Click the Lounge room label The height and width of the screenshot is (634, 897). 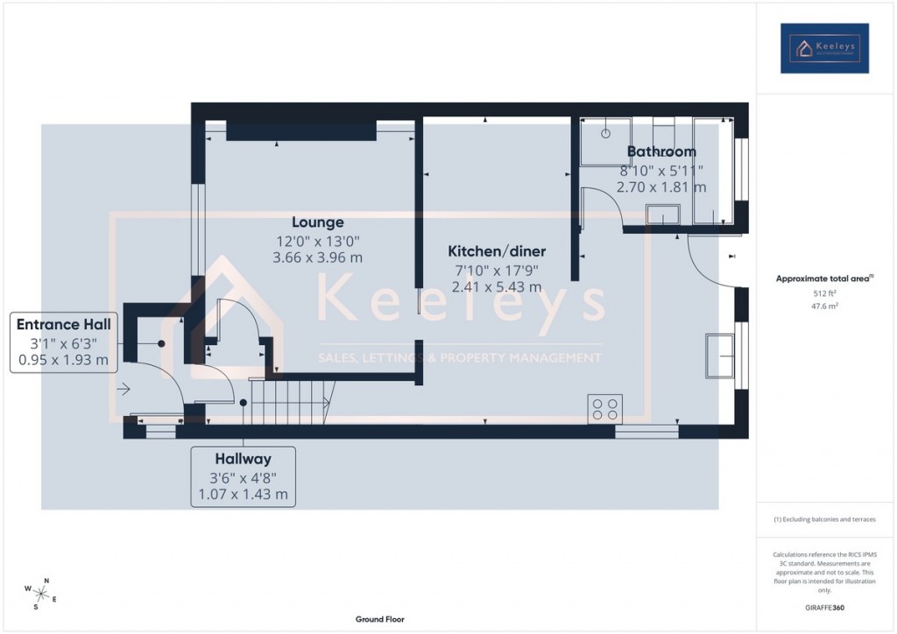[318, 222]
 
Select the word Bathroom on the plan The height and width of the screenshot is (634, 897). [661, 151]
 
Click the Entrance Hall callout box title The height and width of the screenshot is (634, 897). [63, 325]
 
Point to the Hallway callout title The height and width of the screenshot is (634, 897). [243, 459]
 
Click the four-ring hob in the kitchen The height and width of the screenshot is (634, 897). [604, 407]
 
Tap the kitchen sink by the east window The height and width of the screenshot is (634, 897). [722, 354]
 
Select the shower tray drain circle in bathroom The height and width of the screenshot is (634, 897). [605, 135]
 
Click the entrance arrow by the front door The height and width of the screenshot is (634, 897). [124, 389]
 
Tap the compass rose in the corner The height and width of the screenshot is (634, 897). [41, 593]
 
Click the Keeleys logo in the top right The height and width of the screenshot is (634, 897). [824, 48]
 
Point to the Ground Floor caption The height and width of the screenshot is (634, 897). [379, 619]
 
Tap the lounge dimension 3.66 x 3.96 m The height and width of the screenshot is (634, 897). [318, 257]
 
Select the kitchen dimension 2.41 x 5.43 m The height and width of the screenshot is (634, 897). [498, 286]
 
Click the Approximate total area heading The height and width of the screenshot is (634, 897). [823, 278]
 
